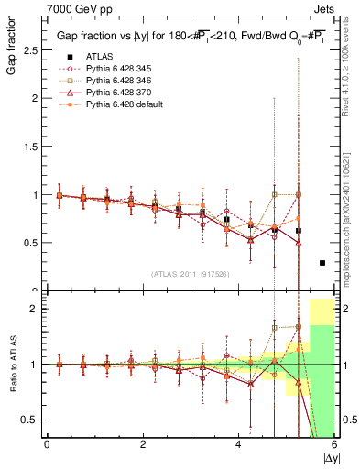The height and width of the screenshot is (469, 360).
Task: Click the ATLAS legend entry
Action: point(98,57)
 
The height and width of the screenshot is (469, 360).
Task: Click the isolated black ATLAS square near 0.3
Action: point(322,263)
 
